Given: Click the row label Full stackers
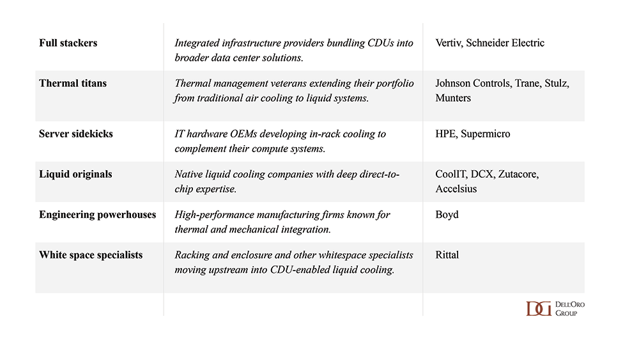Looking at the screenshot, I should coord(68,43).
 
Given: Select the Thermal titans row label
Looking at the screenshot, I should coord(73,84).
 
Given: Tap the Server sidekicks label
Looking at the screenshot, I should coord(75,134).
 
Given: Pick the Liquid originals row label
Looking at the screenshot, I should coord(76,175).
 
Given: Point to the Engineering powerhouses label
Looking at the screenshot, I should coord(97,215).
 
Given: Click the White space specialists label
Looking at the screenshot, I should coord(91,255).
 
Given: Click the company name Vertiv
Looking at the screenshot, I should coord(450,43).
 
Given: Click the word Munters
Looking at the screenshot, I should coord(453,98).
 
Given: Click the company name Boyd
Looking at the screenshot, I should coord(447,215).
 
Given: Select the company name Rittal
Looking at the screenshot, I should coord(447,255).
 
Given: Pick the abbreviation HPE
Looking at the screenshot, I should coord(446,134).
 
